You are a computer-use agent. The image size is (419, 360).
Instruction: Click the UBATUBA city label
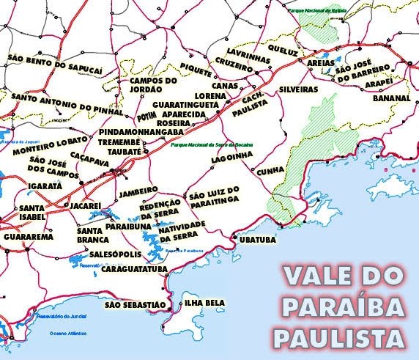[x=256, y=239]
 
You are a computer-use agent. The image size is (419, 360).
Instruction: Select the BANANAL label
[x=390, y=98]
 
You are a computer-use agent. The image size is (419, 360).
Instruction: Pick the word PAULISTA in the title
[x=339, y=338]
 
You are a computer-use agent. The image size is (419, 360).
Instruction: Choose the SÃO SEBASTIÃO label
[x=133, y=304]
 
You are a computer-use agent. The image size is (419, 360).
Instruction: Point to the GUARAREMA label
[x=28, y=238]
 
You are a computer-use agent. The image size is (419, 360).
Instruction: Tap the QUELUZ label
[x=283, y=52]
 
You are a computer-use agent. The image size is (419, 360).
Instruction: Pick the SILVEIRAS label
[x=298, y=89]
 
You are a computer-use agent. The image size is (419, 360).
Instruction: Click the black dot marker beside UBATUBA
[x=233, y=236]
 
